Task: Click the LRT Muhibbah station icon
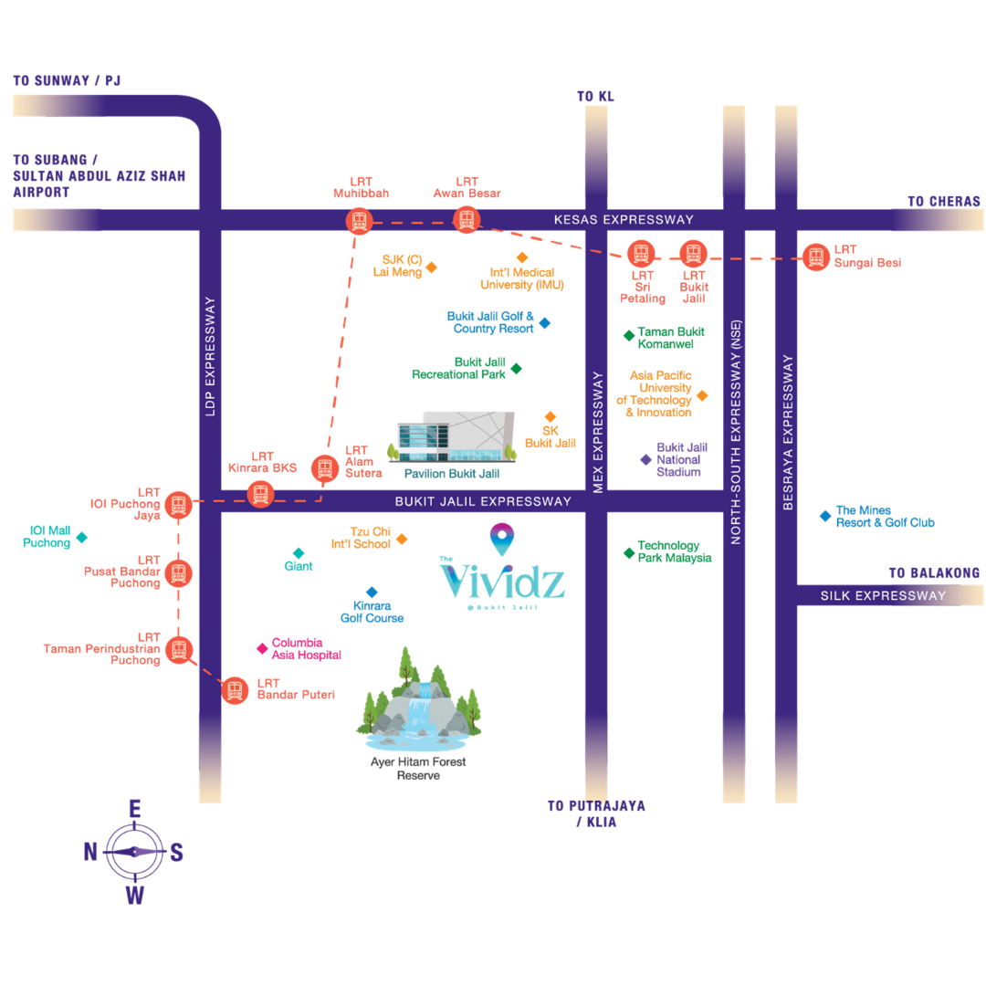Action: [x=359, y=220]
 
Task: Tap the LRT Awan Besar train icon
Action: [x=467, y=219]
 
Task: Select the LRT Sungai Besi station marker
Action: [x=815, y=257]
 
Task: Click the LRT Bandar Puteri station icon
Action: [x=235, y=689]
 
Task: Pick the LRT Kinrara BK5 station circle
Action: [x=261, y=494]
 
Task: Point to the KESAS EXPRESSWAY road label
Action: [x=624, y=220]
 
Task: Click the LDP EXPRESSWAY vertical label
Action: [x=210, y=356]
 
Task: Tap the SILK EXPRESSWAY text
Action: [x=883, y=596]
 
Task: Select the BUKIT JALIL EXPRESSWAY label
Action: [x=483, y=501]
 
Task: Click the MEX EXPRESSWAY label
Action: [x=598, y=432]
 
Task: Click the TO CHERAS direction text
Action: [x=944, y=201]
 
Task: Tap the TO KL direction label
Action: [x=597, y=96]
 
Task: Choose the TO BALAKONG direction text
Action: [x=935, y=572]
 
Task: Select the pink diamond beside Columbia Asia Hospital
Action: [x=261, y=648]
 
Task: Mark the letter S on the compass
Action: [x=176, y=853]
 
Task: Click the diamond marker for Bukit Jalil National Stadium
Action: [x=645, y=460]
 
